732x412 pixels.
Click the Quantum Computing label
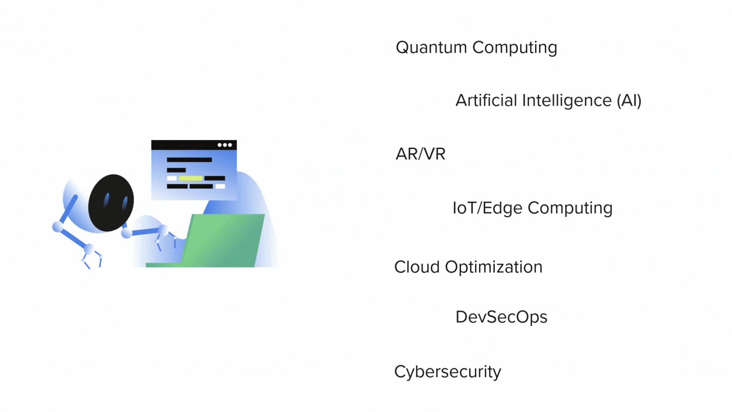point(476,48)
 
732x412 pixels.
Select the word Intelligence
point(567,101)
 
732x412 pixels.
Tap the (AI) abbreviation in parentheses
point(629,101)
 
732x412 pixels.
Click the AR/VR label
point(421,154)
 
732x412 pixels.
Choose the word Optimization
point(493,267)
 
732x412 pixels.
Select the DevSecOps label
point(501,317)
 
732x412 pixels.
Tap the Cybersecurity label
point(448,372)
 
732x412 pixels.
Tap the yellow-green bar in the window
point(191,178)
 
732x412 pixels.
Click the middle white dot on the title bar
point(225,145)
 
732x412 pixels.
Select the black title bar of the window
point(183,145)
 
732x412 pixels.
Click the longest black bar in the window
point(189,160)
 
